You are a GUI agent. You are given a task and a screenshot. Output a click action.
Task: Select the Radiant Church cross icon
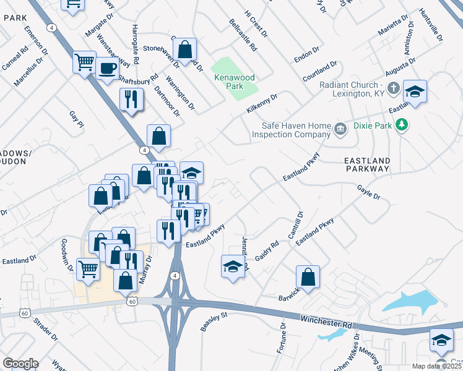click(x=392, y=90)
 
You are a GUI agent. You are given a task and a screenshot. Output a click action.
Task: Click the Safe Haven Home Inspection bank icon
click(x=340, y=129)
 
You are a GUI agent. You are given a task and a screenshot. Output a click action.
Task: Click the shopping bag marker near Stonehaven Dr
click(x=184, y=49)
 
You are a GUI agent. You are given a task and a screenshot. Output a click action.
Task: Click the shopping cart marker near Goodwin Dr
click(x=89, y=270)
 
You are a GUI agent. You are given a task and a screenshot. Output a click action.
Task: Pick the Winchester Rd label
click(x=326, y=321)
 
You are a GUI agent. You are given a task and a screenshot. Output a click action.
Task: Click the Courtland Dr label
click(x=319, y=72)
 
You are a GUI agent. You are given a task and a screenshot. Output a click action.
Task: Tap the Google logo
click(x=20, y=364)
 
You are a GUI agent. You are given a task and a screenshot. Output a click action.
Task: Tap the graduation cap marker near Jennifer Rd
click(x=232, y=267)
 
